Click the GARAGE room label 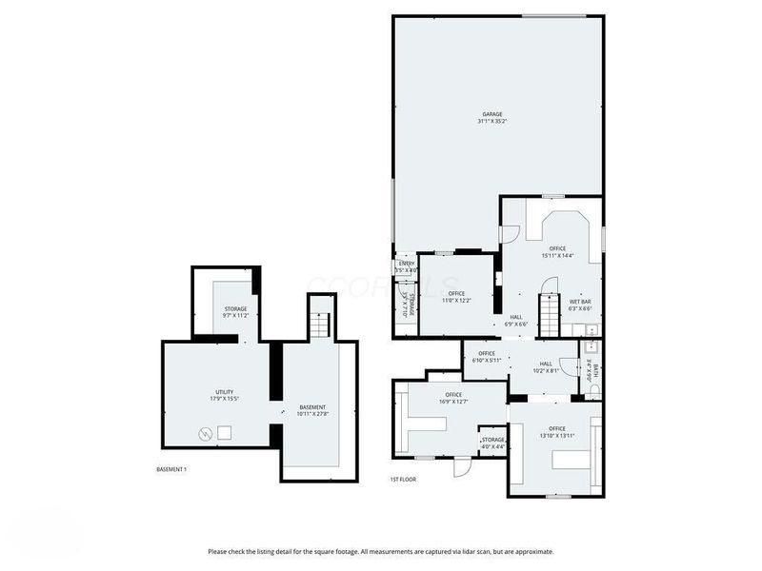(x=491, y=114)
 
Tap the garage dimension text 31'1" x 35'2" (x=491, y=122)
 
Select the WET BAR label (x=580, y=302)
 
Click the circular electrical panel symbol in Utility (x=205, y=435)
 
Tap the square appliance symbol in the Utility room (x=225, y=433)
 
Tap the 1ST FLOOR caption (x=403, y=480)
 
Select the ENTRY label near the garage (x=406, y=264)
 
